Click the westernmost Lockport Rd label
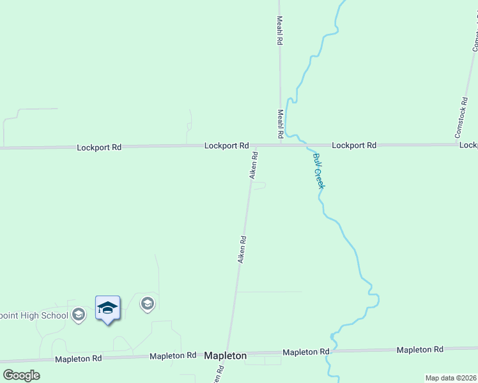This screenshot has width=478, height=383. pyautogui.click(x=99, y=147)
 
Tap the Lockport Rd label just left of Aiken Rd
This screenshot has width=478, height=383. pyautogui.click(x=226, y=146)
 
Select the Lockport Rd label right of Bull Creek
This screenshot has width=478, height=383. pyautogui.click(x=354, y=145)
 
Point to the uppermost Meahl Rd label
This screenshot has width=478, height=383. pyautogui.click(x=280, y=30)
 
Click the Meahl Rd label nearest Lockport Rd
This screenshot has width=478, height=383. pyautogui.click(x=280, y=124)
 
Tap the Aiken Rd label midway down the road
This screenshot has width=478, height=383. pyautogui.click(x=242, y=250)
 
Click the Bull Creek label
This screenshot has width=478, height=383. pyautogui.click(x=319, y=170)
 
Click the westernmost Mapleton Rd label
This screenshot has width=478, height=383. pyautogui.click(x=78, y=359)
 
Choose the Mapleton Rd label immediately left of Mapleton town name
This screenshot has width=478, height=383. pyautogui.click(x=173, y=356)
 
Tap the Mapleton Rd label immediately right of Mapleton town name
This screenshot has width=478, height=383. pyautogui.click(x=306, y=352)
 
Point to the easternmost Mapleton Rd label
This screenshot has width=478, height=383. pyautogui.click(x=420, y=350)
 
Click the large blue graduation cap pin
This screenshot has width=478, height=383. pyautogui.click(x=107, y=309)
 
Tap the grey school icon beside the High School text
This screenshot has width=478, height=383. pyautogui.click(x=79, y=315)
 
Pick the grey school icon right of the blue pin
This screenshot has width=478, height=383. pyautogui.click(x=148, y=304)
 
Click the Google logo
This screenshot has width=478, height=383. pyautogui.click(x=21, y=375)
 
